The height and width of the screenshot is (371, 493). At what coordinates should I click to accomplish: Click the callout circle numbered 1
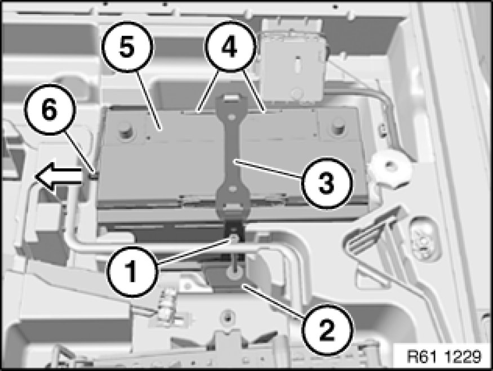coord(132,270)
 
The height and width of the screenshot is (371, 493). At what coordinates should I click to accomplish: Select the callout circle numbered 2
coord(327,329)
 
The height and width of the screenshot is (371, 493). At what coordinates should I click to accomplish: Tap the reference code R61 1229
coord(444,356)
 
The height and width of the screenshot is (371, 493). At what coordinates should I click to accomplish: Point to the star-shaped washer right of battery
coord(390,169)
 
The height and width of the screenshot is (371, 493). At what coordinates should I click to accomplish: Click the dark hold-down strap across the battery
coord(232,157)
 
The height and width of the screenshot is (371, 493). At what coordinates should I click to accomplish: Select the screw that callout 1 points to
coord(234,239)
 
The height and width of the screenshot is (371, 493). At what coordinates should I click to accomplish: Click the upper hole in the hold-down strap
coord(232,117)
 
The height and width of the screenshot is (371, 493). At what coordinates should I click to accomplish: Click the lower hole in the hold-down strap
coord(232,189)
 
